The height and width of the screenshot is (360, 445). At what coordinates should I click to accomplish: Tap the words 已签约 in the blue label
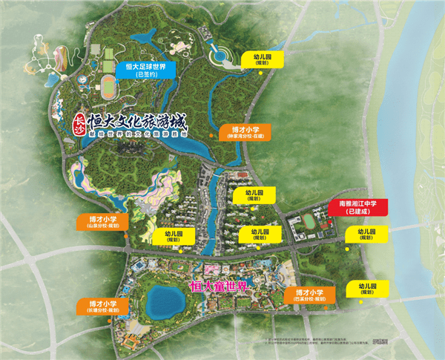[145, 75]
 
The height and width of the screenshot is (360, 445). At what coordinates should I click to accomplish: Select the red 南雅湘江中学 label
[358, 206]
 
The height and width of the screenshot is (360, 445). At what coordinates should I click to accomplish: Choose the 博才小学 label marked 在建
[245, 132]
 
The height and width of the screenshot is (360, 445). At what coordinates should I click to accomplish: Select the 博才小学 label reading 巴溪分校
[310, 296]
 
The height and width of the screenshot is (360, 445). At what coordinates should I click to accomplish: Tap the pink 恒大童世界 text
[220, 285]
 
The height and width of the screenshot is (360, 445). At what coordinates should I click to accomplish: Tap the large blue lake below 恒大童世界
[165, 301]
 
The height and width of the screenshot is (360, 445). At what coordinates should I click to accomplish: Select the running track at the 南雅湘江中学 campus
[305, 220]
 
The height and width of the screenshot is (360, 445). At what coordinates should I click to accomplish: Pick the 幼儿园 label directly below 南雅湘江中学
[362, 235]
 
